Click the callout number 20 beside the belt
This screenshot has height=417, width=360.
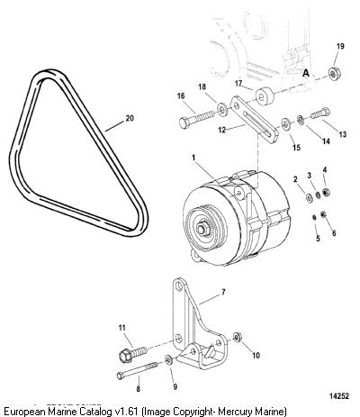tap(130, 118)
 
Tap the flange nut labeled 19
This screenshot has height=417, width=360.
tap(332, 74)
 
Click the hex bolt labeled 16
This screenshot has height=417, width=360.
tap(197, 119)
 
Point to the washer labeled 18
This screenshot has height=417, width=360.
tap(222, 109)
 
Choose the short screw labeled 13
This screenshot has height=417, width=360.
tap(320, 113)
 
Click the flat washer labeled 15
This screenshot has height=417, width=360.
tap(285, 123)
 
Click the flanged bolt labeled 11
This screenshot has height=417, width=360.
tap(133, 353)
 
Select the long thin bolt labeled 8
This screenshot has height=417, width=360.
tap(138, 369)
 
